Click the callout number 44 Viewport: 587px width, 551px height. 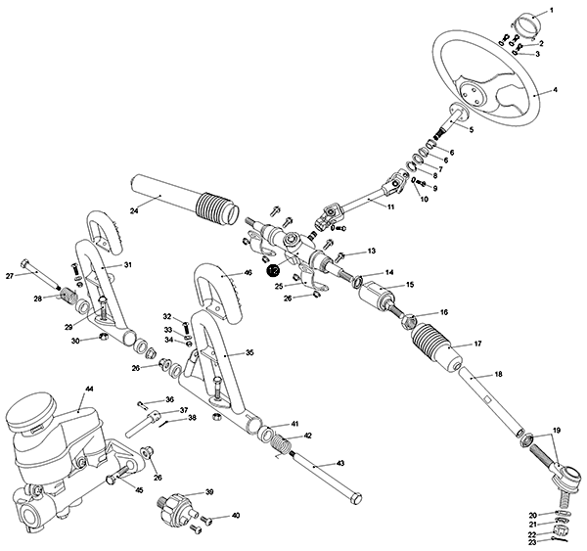tap(89, 389)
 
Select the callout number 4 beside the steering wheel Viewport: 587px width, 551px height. tap(555, 90)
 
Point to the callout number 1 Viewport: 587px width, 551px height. tap(550, 9)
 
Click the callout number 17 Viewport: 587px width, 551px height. tap(478, 344)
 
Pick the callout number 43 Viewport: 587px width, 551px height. tap(340, 462)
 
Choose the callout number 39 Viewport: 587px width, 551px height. tap(208, 491)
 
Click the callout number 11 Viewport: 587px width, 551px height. tap(390, 207)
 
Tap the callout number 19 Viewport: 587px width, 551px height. tap(556, 431)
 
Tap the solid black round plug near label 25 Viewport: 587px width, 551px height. tap(274, 270)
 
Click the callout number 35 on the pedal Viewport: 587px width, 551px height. tap(248, 352)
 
